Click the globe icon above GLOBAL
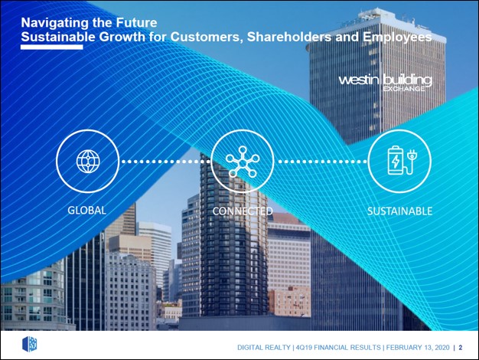coord(88,161)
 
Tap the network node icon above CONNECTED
coord(243,162)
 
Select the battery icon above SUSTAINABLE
coord(396,160)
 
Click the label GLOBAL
coord(86,211)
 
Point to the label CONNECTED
coord(243,211)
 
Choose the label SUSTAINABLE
coord(399,211)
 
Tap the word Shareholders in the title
coord(288,37)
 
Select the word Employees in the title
coord(397,38)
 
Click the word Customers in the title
coord(207,38)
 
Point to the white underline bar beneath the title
coord(52,47)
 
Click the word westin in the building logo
coord(359,80)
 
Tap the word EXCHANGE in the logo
coord(403,89)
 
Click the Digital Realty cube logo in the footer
coord(30,344)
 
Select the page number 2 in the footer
coord(461,348)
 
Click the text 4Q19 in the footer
coord(304,348)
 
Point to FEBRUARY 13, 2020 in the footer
coord(418,348)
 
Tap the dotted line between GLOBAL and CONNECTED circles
coord(165,162)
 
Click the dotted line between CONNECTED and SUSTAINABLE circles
coord(321,162)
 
